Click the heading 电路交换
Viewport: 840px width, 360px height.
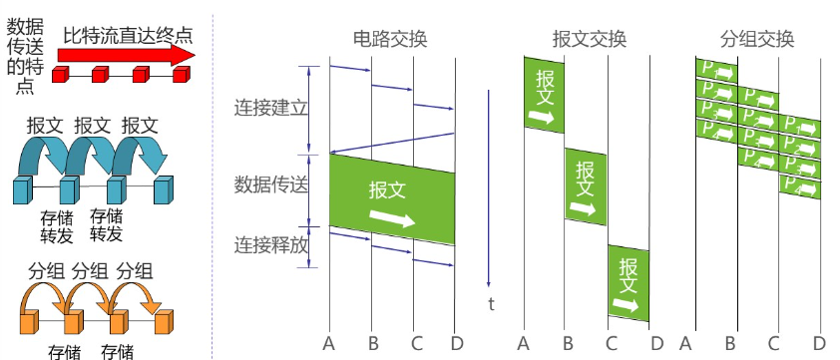390,40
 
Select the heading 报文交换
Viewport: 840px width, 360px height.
589,40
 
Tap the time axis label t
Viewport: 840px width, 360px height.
491,304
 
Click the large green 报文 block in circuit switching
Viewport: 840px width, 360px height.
392,199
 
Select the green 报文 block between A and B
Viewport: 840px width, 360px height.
544,95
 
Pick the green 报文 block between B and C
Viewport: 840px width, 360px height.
586,186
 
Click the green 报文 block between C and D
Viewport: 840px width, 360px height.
629,283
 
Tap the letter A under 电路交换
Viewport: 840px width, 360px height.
328,344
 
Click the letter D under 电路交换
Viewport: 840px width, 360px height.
456,344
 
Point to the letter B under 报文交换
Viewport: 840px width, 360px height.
567,344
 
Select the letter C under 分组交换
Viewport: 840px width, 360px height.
774,344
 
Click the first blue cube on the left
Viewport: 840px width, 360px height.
22,189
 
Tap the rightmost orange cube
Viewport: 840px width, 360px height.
165,320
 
